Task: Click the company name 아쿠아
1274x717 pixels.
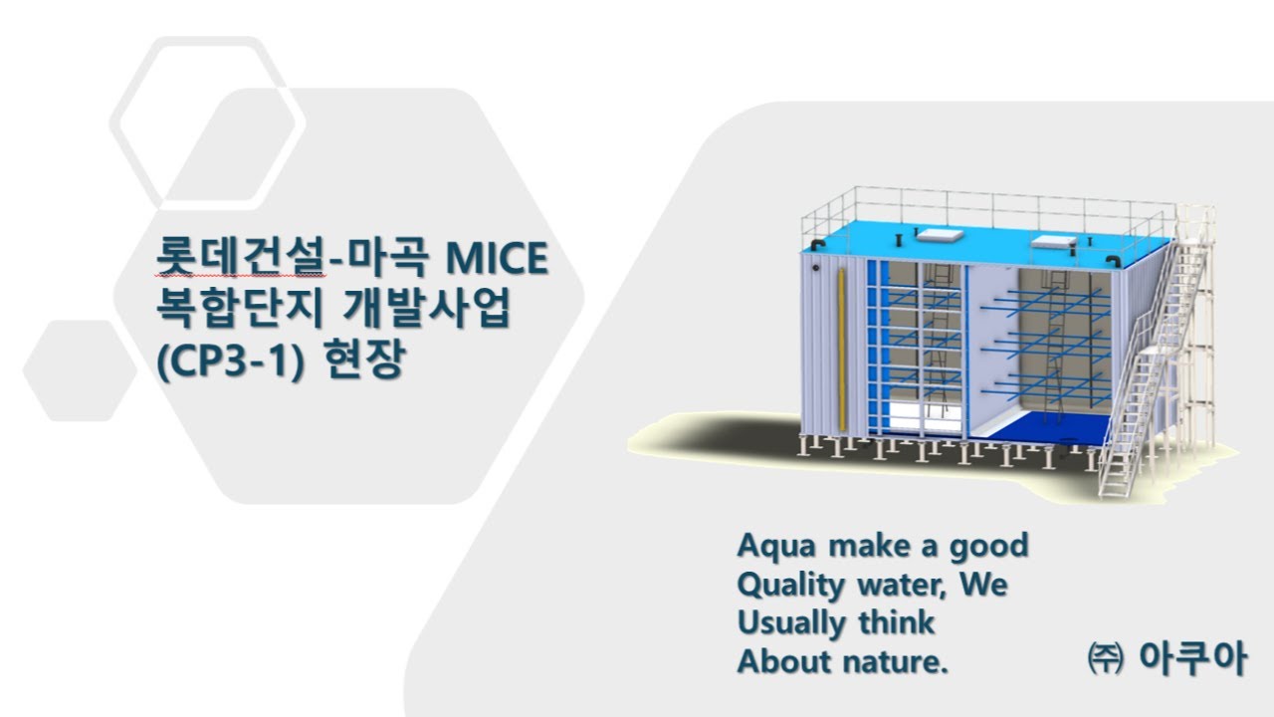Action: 1190,657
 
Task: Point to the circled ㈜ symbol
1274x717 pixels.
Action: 1105,658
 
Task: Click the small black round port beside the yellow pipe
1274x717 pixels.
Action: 817,268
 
